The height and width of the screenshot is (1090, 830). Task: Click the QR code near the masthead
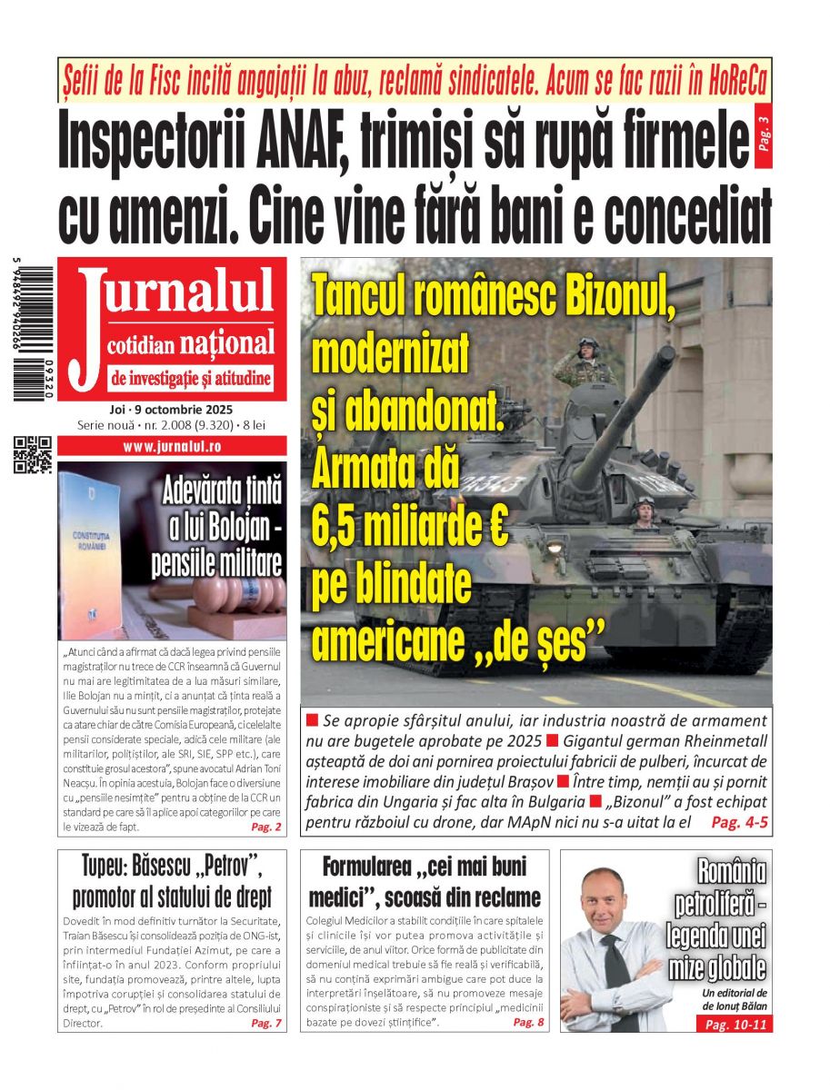pos(33,455)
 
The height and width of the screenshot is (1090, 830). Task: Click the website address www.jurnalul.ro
pos(172,447)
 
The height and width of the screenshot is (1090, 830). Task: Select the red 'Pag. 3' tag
pos(763,137)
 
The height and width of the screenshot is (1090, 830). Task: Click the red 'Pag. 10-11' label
pos(735,1025)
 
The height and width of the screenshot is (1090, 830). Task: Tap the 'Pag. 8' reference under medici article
pos(528,1022)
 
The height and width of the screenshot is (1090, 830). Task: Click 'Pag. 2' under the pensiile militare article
pos(266,827)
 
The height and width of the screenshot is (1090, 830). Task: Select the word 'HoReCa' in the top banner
pos(725,81)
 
